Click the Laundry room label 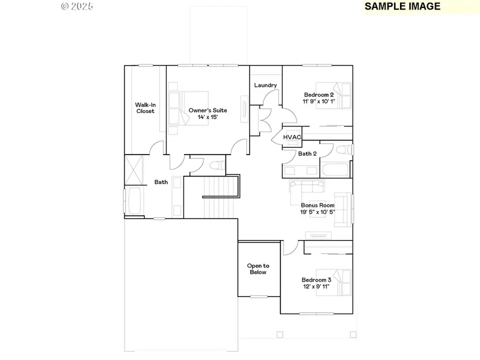[x=265, y=85]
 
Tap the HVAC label [x=292, y=137]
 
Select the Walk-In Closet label [x=145, y=108]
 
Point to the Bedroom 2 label [x=319, y=95]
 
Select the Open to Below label [x=258, y=269]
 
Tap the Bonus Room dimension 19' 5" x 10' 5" [x=317, y=212]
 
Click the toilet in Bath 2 [x=344, y=150]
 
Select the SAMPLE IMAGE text [x=402, y=6]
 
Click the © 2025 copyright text [x=77, y=6]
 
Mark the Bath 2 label [x=307, y=154]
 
